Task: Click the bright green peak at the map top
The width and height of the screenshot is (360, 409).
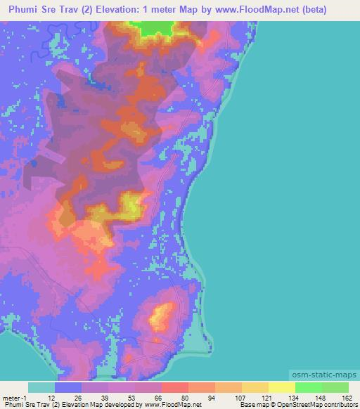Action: pyautogui.click(x=157, y=28)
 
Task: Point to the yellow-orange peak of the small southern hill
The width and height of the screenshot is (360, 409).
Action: pyautogui.click(x=162, y=313)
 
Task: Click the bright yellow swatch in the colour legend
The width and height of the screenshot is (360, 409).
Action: pyautogui.click(x=282, y=387)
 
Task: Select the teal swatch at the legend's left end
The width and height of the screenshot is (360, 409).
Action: pyautogui.click(x=41, y=387)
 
